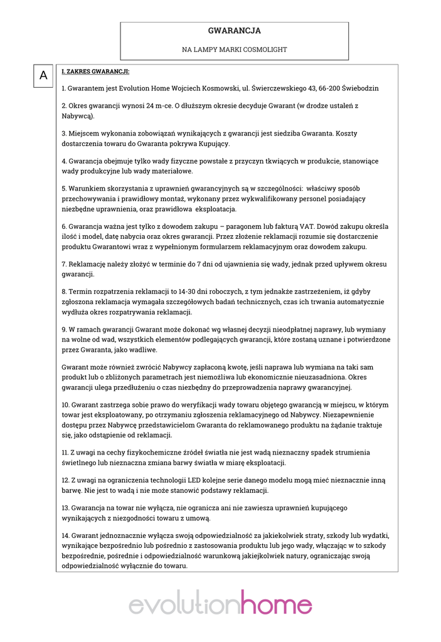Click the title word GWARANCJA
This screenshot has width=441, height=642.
(234, 31)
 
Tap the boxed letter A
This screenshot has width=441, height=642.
(43, 75)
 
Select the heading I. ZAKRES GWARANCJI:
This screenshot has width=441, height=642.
(95, 71)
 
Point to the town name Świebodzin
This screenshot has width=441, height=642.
(358, 88)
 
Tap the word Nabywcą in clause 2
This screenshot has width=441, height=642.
(76, 116)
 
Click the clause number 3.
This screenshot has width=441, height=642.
(64, 133)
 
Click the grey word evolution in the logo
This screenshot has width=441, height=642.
(184, 606)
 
